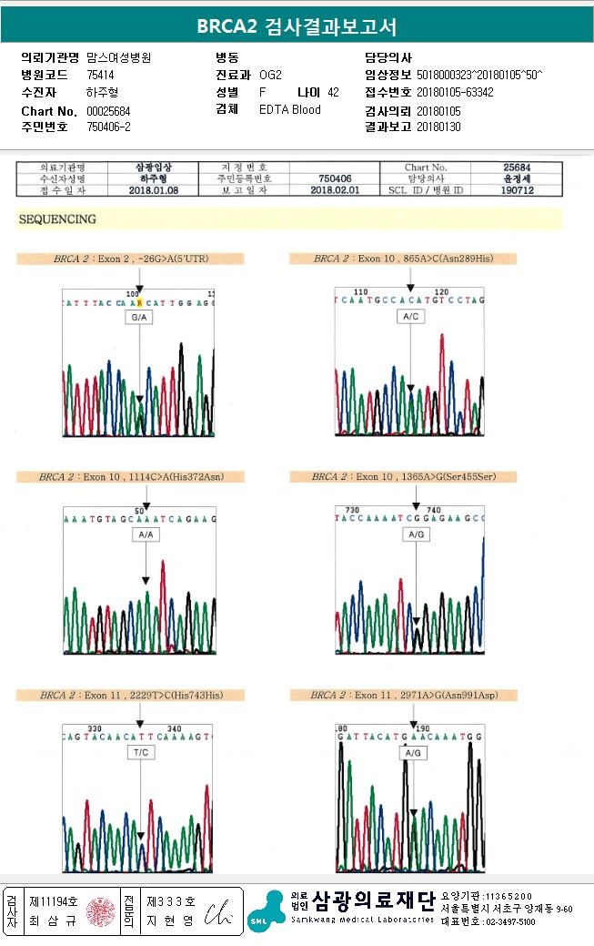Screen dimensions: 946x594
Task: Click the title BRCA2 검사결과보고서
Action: (297, 26)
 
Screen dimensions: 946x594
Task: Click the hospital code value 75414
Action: (100, 75)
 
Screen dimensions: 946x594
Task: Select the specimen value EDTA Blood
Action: (289, 109)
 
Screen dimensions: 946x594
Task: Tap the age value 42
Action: (333, 92)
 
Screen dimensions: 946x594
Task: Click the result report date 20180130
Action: (438, 127)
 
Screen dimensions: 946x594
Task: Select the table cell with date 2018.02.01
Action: (335, 190)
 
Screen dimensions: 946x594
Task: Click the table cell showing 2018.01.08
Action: (153, 190)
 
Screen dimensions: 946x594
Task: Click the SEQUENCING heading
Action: (57, 219)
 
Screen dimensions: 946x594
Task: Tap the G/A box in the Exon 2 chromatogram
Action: (139, 319)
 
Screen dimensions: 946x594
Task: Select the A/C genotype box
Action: (411, 316)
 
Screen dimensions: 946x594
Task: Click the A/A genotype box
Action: (145, 534)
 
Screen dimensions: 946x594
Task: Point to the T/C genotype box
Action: (140, 752)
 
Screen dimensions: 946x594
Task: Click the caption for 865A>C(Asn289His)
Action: (403, 259)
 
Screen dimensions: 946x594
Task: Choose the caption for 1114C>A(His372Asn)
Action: (131, 476)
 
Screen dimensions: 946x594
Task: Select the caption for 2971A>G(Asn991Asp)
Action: (403, 695)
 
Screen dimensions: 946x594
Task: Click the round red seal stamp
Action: (99, 910)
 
